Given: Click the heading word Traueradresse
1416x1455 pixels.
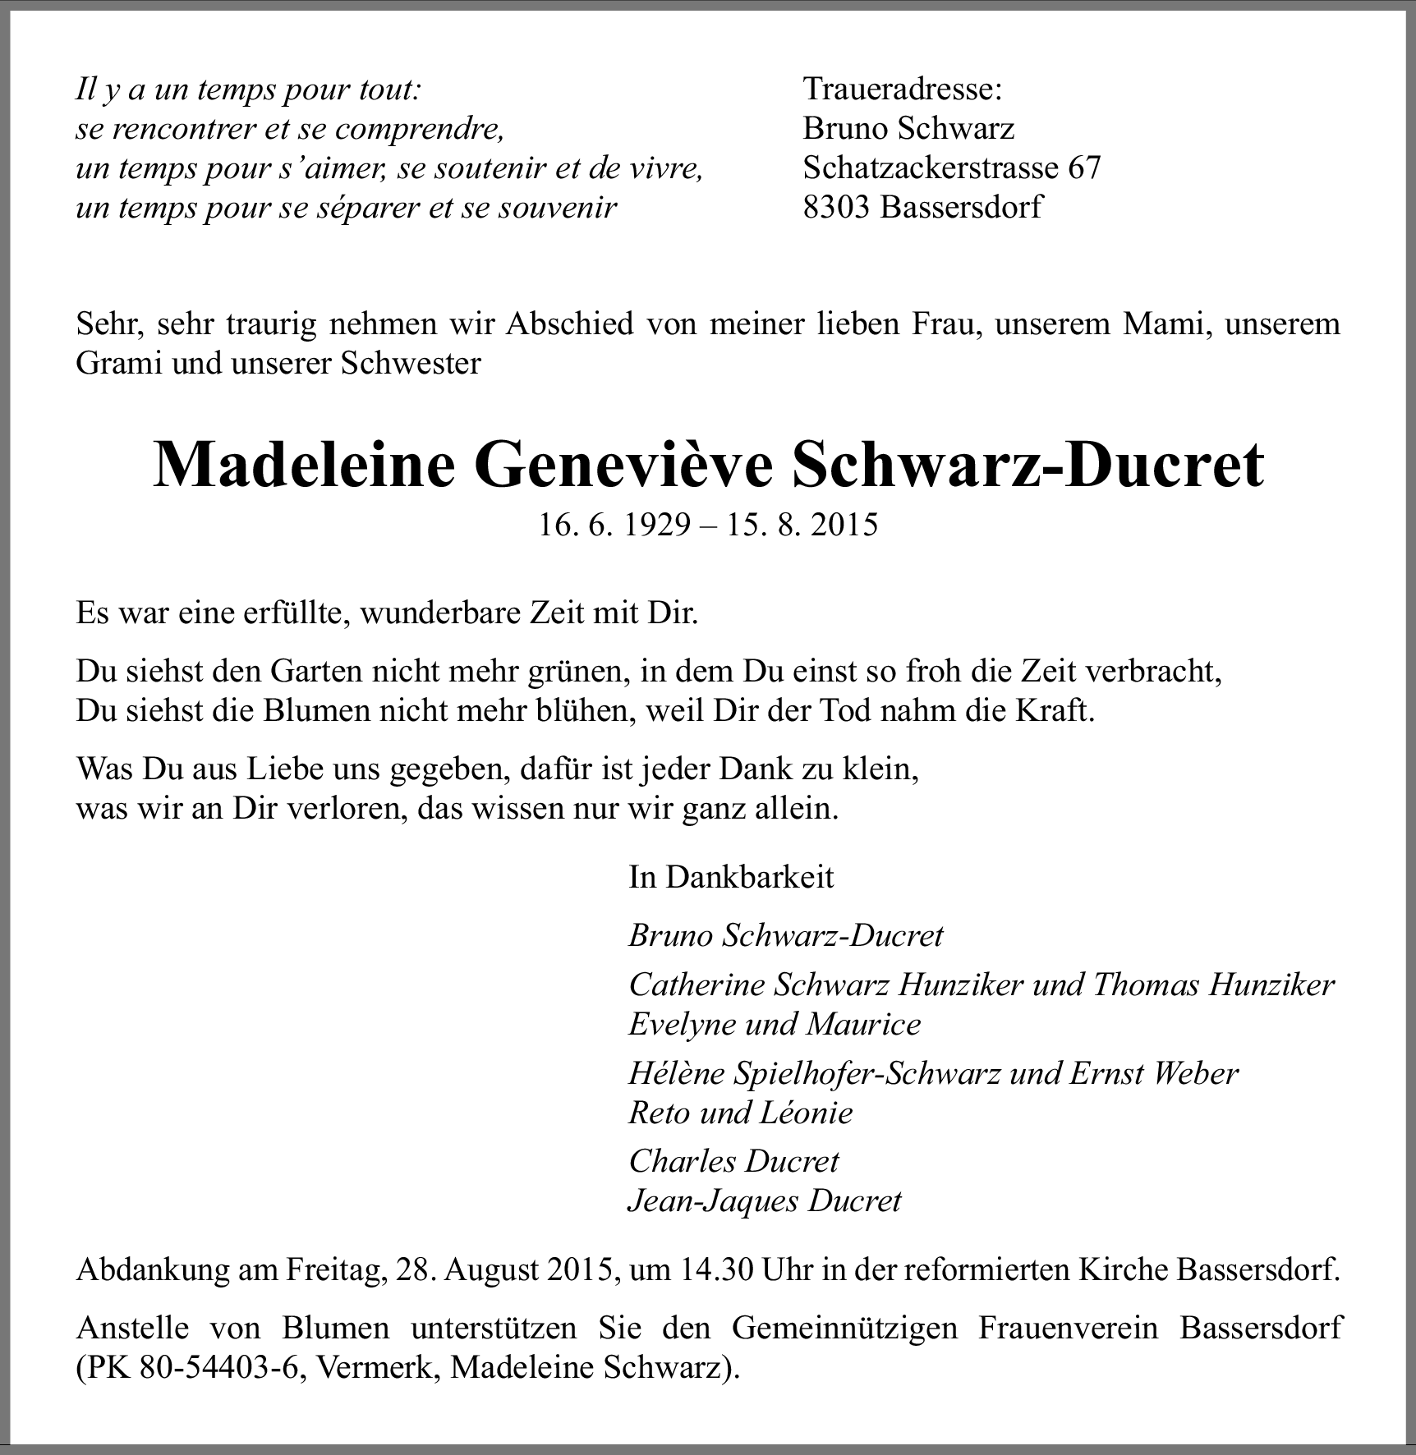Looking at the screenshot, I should [902, 89].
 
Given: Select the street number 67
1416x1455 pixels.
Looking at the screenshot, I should [1083, 168].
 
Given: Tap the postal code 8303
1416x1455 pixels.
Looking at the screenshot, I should [836, 207].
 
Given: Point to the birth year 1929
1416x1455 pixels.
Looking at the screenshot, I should [658, 525].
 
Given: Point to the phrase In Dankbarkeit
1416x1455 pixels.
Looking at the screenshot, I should [731, 877].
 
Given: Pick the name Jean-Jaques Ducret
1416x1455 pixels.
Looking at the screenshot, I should [764, 1201].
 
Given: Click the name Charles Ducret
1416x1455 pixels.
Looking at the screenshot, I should [733, 1161].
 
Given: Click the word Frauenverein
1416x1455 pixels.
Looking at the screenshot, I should [1069, 1328].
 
